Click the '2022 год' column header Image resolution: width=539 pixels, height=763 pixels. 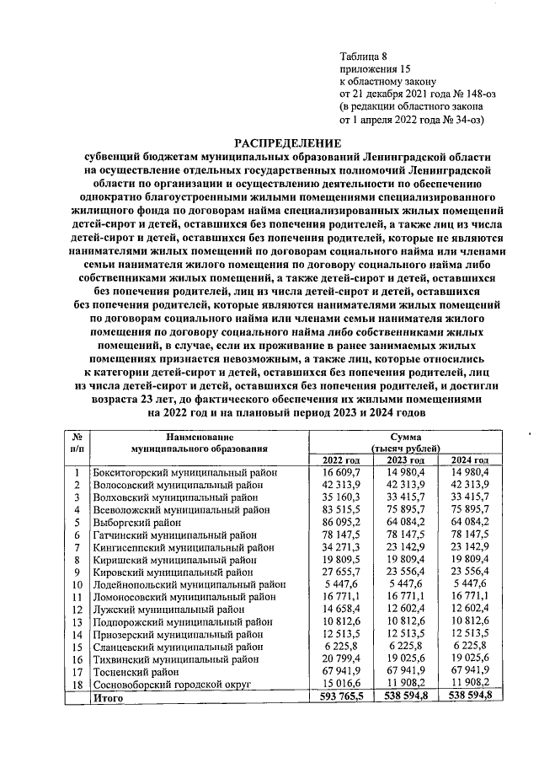click(x=341, y=459)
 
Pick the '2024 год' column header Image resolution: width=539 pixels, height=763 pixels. click(x=470, y=459)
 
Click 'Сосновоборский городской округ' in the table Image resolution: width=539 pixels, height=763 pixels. click(x=171, y=685)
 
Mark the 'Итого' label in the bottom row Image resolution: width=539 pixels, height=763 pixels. click(x=107, y=698)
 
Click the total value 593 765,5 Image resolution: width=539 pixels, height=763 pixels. click(x=340, y=698)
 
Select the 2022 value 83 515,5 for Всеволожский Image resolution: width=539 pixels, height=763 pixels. click(x=340, y=510)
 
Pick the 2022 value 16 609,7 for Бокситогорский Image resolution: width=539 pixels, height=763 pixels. click(x=340, y=473)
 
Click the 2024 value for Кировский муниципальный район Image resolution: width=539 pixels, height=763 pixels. click(x=470, y=572)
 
